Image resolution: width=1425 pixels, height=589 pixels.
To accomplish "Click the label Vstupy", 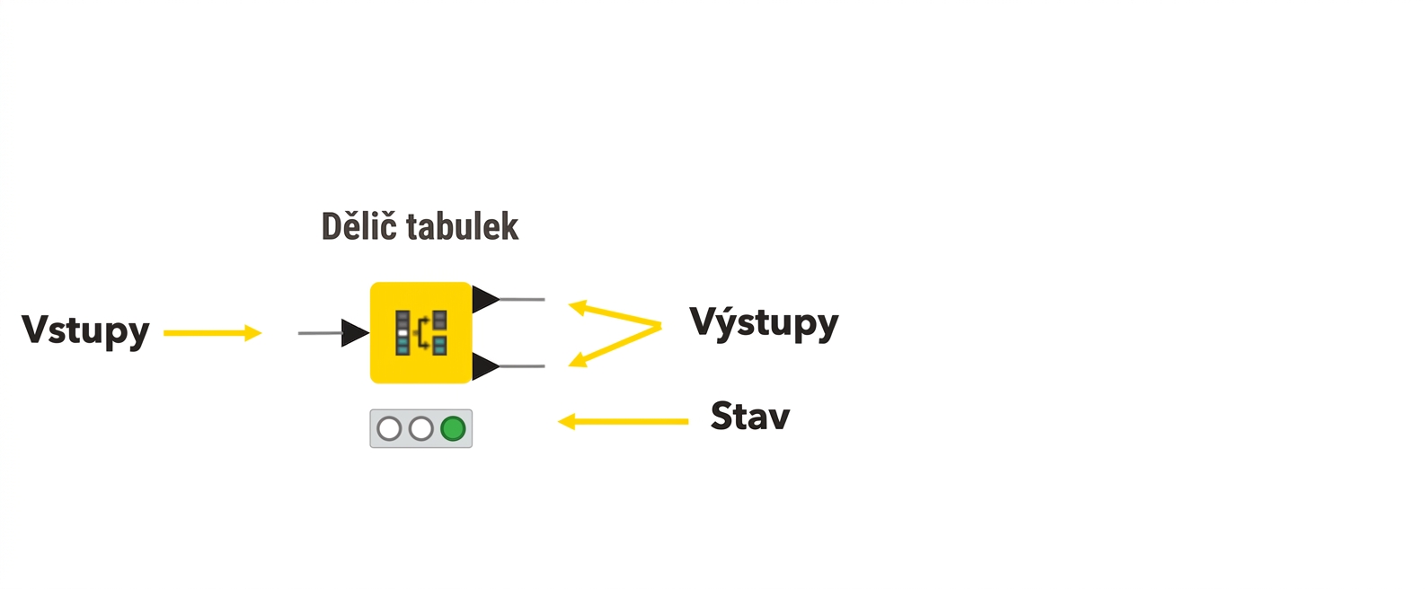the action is pyautogui.click(x=85, y=331).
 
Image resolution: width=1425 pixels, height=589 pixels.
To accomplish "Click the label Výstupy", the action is pyautogui.click(x=764, y=323).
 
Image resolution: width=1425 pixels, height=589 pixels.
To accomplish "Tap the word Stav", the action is pyautogui.click(x=750, y=417).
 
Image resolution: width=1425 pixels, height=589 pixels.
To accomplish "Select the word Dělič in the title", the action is pyautogui.click(x=359, y=226).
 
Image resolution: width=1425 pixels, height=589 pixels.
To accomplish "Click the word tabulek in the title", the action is pyautogui.click(x=463, y=227).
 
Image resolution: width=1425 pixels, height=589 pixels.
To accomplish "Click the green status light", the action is pyautogui.click(x=453, y=429).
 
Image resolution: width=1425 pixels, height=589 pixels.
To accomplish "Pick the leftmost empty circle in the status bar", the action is pyautogui.click(x=389, y=429).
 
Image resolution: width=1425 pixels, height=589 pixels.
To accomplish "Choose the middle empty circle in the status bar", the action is pyautogui.click(x=421, y=429).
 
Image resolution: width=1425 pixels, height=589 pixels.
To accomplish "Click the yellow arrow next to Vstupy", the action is pyautogui.click(x=212, y=333).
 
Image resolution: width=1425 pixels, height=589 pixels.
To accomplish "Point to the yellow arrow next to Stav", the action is pyautogui.click(x=623, y=421).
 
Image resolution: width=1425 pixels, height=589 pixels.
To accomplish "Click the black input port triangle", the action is pyautogui.click(x=355, y=333).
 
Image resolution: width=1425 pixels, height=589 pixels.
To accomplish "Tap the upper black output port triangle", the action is pyautogui.click(x=485, y=299).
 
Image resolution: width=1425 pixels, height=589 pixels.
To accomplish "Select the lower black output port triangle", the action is pyautogui.click(x=485, y=366).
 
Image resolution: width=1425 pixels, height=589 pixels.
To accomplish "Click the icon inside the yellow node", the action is pyautogui.click(x=421, y=332).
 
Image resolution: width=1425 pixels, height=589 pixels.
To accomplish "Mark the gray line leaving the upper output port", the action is pyautogui.click(x=522, y=299).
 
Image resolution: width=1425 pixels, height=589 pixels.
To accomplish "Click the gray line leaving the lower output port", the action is pyautogui.click(x=522, y=366).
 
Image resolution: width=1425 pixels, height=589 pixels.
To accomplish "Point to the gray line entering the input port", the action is pyautogui.click(x=321, y=333).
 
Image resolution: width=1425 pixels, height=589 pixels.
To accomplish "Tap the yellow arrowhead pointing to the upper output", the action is pyautogui.click(x=578, y=308).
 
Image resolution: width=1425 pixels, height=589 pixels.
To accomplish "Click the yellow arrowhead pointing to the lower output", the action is pyautogui.click(x=578, y=360).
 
